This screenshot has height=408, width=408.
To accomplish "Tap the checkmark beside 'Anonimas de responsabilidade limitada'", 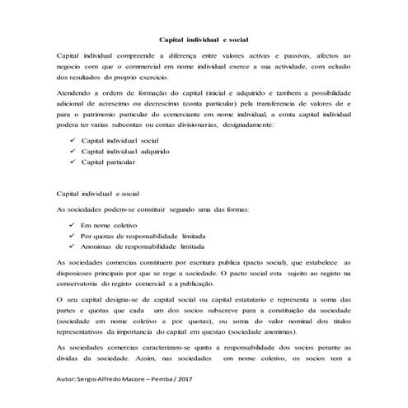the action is pos(73,246).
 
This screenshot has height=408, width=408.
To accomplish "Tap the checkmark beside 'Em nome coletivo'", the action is pos(73,224).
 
